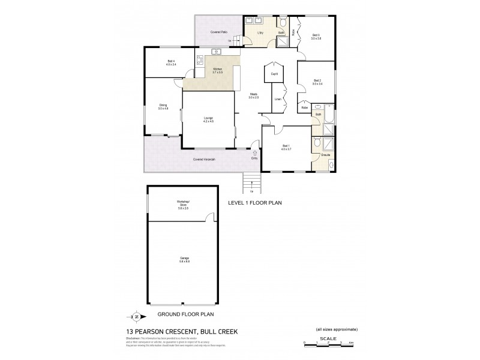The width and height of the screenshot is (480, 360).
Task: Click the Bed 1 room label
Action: click(x=286, y=146)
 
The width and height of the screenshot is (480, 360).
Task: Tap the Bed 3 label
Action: click(x=316, y=37)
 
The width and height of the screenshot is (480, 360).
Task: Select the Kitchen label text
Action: click(x=217, y=70)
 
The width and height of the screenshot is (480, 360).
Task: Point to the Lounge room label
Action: click(x=208, y=119)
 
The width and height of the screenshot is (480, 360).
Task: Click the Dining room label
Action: click(x=163, y=107)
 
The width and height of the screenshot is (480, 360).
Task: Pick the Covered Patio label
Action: click(x=217, y=31)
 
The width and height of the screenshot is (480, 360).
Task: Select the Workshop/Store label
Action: click(x=183, y=204)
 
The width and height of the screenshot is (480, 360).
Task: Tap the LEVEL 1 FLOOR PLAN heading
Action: click(x=255, y=203)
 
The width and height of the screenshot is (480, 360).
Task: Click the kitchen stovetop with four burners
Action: click(x=199, y=61)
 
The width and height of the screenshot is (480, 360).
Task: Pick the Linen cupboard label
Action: click(x=278, y=100)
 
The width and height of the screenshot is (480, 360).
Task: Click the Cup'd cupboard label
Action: click(x=274, y=74)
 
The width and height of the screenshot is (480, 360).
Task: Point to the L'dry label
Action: click(x=261, y=32)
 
